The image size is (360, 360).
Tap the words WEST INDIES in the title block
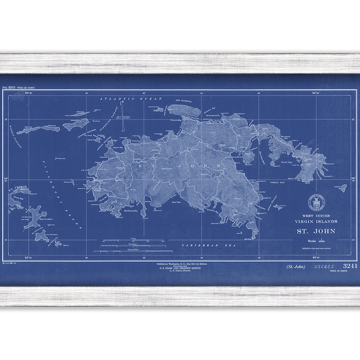point(315,214)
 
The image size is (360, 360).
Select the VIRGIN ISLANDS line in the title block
point(315,220)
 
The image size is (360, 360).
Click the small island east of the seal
point(341,188)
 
